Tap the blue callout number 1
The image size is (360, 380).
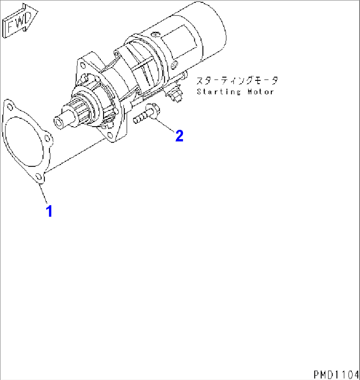click(x=49, y=211)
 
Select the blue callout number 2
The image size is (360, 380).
click(x=179, y=136)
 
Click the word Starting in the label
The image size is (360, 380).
click(x=219, y=92)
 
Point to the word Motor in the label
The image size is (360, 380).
click(x=261, y=92)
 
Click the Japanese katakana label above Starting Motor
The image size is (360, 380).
click(x=237, y=81)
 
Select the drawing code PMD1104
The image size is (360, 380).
click(x=336, y=374)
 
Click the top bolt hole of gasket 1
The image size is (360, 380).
click(x=10, y=107)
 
